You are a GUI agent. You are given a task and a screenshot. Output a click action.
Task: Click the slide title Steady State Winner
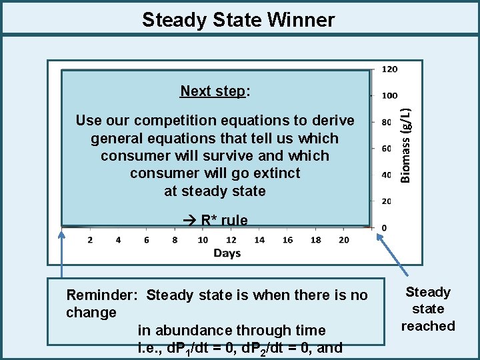(238, 20)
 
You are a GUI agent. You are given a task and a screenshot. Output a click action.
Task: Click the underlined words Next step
(213, 91)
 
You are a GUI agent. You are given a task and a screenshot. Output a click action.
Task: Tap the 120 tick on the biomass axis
(390, 69)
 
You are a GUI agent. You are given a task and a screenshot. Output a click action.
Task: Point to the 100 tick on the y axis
(390, 96)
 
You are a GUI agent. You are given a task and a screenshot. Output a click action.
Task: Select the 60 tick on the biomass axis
(386, 149)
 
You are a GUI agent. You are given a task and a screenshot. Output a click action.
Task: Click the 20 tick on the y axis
(386, 201)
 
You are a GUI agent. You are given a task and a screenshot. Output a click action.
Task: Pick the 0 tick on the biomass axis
(384, 228)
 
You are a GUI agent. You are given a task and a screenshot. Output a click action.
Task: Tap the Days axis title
(227, 253)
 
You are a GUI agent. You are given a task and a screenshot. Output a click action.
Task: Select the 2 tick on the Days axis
(90, 240)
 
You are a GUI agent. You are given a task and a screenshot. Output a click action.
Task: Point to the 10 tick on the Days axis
(203, 240)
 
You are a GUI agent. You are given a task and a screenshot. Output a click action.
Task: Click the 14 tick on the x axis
(259, 240)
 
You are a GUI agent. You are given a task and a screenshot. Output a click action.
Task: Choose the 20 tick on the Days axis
(343, 240)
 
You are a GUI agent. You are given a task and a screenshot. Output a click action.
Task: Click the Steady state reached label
(428, 309)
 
